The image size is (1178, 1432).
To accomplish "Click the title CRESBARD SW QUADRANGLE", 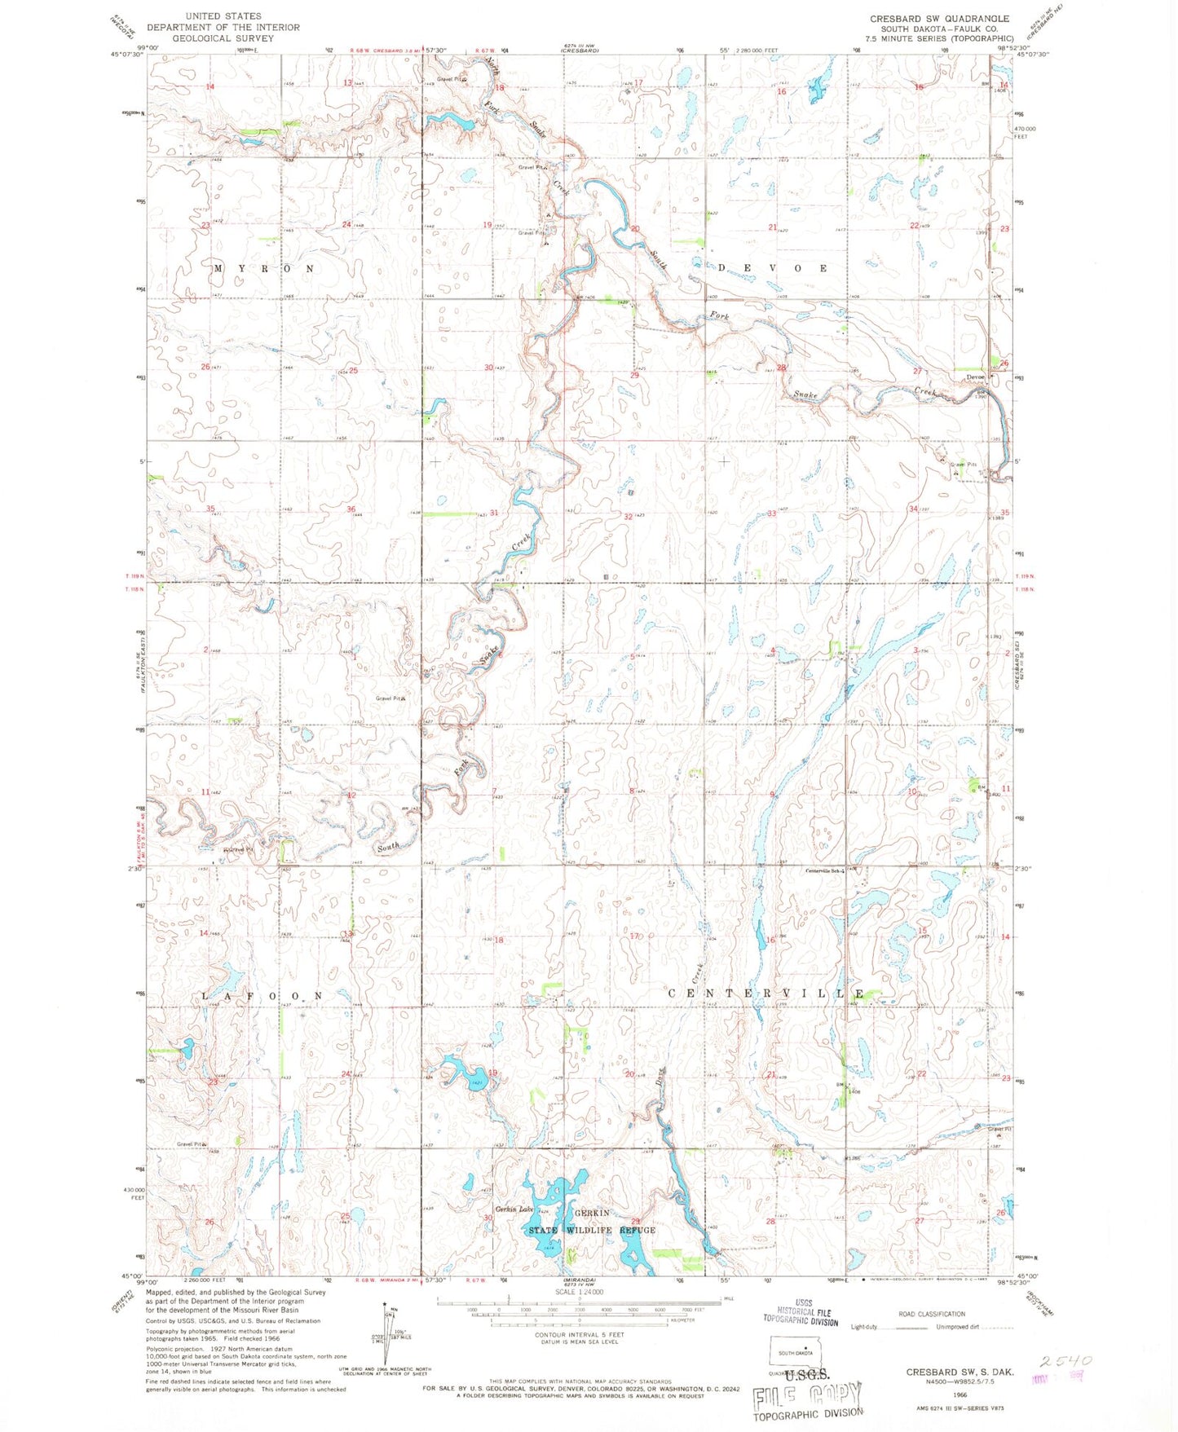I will click(x=939, y=18).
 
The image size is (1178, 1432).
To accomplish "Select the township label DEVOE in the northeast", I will click(x=773, y=268).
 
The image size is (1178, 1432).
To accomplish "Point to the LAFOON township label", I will click(x=263, y=996).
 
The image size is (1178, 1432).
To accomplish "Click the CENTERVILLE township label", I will click(x=766, y=994).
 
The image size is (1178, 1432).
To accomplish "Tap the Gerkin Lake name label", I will click(x=514, y=1209).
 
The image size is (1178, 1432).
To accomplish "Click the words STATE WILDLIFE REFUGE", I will click(x=592, y=1230).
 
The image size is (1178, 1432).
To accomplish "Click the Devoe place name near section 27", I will click(x=975, y=377).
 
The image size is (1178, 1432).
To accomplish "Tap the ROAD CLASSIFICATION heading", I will click(x=931, y=1314).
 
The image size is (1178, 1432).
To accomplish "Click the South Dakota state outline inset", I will click(x=796, y=1353).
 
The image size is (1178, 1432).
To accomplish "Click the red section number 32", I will click(x=629, y=517).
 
